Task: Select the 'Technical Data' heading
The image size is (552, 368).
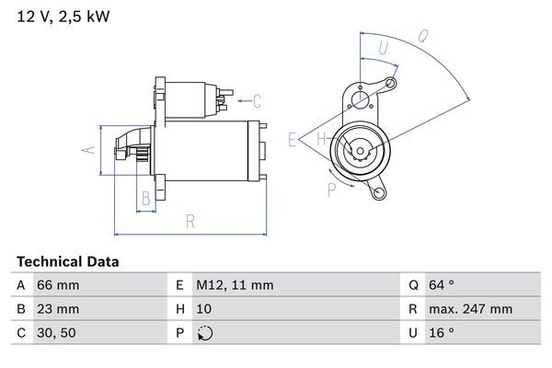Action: pos(67,262)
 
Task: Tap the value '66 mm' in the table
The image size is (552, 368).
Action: pos(57,285)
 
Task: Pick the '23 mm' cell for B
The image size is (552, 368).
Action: pos(57,309)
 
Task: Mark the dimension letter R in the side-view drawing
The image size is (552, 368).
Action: pos(189,221)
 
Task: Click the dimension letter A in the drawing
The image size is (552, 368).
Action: pos(89,150)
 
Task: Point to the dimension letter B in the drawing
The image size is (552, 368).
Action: pos(144,198)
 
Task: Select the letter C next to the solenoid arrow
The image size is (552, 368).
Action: pos(257,101)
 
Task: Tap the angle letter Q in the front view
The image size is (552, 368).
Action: pos(423,37)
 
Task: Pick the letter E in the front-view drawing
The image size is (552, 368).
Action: pos(292,140)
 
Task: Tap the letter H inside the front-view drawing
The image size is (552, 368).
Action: pos(321,140)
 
